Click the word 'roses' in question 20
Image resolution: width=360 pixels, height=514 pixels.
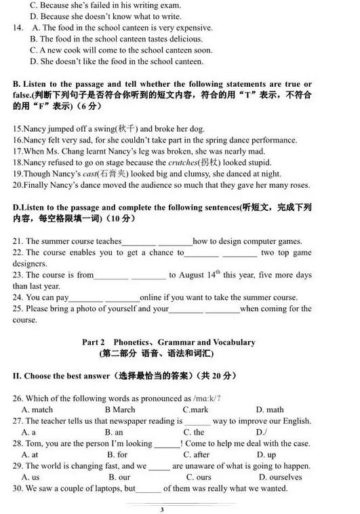pyautogui.click(x=297, y=185)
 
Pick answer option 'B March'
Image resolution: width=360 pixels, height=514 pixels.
pyautogui.click(x=119, y=410)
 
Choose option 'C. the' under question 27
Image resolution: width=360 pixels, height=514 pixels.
pyautogui.click(x=193, y=432)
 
